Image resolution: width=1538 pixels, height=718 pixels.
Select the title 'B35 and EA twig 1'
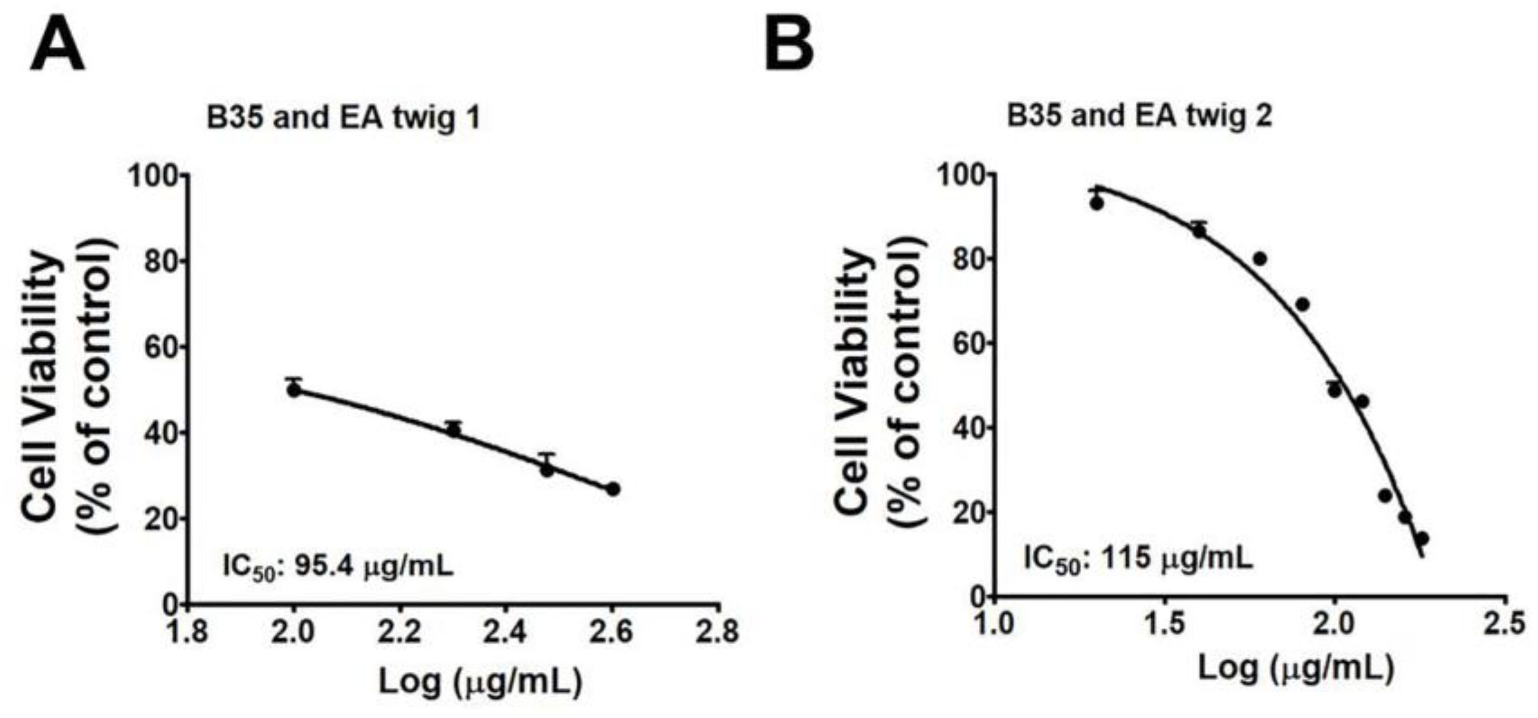pos(343,118)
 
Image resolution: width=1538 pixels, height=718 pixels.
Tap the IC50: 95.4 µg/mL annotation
pos(338,566)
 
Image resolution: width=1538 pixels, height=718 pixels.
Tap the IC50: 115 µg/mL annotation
pos(1138,559)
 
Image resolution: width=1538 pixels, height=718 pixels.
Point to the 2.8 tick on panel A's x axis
pos(719,632)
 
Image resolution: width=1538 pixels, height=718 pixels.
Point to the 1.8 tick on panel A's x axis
pos(189,632)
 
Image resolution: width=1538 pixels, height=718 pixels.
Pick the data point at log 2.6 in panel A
pos(613,489)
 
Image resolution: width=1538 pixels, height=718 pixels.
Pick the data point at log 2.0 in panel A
pos(294,390)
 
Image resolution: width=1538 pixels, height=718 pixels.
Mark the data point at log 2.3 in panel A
pos(453,430)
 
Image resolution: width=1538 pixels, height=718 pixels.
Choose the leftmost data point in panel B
pos(1097,204)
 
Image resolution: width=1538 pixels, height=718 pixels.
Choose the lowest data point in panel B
pos(1422,538)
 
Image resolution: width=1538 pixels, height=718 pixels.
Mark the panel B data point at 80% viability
pos(1260,259)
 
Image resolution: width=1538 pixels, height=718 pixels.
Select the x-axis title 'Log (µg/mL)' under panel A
pos(480,682)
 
